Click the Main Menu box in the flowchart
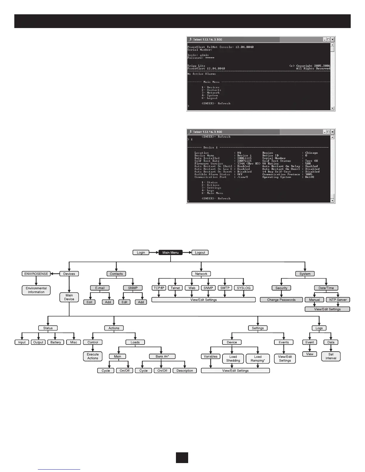(x=171, y=252)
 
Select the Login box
(x=141, y=252)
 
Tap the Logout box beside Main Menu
(x=200, y=252)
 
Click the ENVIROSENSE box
(x=36, y=274)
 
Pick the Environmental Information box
(x=36, y=290)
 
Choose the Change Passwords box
(x=281, y=300)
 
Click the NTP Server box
(x=338, y=300)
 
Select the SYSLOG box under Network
(x=244, y=288)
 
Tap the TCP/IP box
(x=159, y=288)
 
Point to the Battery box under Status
(x=55, y=342)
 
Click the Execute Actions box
(x=93, y=356)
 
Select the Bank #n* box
(x=162, y=356)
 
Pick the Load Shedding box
(x=233, y=358)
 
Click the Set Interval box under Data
(x=331, y=356)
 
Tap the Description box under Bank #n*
(x=185, y=371)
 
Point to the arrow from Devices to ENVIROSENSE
(x=55, y=274)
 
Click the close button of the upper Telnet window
(x=332, y=39)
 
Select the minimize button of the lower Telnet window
(x=325, y=132)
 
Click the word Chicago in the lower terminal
(x=311, y=153)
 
